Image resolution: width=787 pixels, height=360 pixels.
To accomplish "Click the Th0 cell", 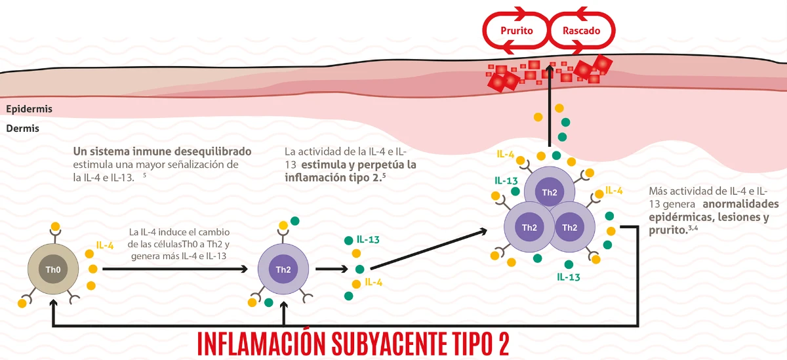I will point(53,269).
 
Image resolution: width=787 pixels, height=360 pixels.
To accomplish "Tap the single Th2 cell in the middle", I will point(283,269).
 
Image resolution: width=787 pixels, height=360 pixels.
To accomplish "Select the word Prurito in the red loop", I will point(516,30).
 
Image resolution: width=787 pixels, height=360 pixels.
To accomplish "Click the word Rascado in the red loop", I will point(580,30).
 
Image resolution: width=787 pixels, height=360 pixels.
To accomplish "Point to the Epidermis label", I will point(29,109).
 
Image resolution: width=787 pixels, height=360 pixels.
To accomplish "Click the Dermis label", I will point(23,129).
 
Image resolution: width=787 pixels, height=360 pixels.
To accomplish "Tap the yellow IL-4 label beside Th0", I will point(105,245).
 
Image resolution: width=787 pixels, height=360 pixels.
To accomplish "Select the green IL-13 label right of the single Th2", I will point(368,239).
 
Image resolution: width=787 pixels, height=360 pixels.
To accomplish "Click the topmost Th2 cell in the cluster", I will point(548,191).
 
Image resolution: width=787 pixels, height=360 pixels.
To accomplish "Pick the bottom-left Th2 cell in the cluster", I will point(529,227).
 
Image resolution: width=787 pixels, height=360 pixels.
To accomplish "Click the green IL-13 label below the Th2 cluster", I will point(568,277).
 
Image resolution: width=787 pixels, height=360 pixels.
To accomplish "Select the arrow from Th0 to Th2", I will point(174,269).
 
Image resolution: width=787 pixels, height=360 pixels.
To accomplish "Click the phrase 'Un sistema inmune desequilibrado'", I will point(162,151).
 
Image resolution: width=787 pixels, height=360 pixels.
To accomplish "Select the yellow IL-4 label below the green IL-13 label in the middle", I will point(373,282).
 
